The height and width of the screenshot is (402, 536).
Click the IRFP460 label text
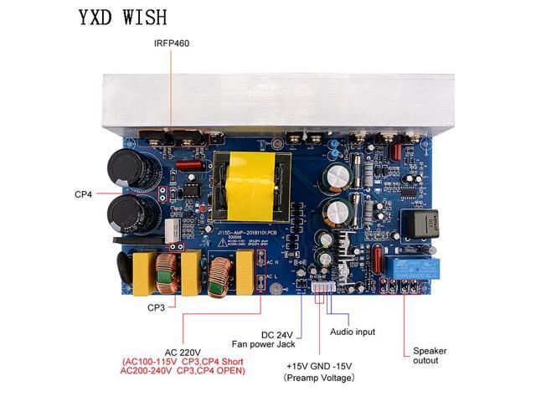click(x=172, y=43)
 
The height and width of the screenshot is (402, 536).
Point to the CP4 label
click(x=82, y=194)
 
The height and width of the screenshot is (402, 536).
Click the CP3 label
click(x=156, y=307)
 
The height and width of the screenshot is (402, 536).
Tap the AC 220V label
click(x=183, y=352)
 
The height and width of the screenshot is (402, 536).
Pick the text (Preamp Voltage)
click(x=319, y=379)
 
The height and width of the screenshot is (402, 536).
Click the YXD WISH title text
click(x=123, y=17)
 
